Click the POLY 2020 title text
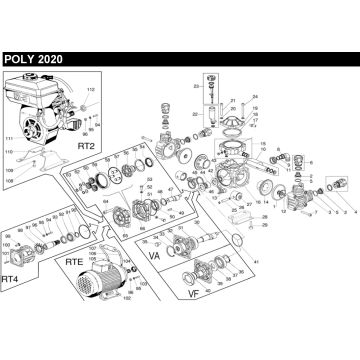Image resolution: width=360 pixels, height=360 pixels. point(33,59)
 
